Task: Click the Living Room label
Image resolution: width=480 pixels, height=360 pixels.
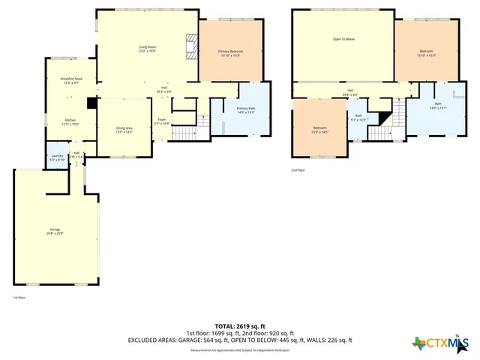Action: coord(147,49)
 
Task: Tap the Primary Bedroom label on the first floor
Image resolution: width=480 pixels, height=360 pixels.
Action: coord(230,52)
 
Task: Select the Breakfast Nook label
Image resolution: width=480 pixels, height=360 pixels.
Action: coord(71,79)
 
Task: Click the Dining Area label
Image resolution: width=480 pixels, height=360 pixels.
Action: coord(124,130)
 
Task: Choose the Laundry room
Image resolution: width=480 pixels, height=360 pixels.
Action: coord(58,158)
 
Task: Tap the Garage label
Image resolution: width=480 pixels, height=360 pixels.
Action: coord(55,230)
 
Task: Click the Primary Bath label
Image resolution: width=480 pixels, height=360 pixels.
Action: coord(246,110)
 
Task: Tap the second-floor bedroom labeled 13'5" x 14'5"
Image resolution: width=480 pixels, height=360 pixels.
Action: coord(319,129)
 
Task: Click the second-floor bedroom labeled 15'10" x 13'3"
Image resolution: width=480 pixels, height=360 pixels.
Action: coord(427,52)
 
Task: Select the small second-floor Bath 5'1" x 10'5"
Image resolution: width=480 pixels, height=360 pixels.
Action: coord(358,117)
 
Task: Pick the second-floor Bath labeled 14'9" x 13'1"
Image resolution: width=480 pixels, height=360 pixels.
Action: coord(438,106)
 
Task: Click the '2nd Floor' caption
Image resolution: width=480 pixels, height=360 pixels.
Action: coord(298,170)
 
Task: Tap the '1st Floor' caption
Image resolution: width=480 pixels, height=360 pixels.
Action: coord(19,298)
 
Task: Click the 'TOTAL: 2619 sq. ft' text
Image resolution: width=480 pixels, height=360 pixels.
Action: coord(239,326)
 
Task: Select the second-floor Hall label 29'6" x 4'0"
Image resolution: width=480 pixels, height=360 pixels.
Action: coord(349,92)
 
